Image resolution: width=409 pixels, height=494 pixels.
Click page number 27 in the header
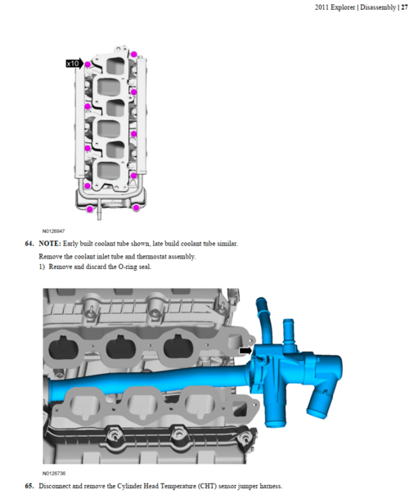click(404, 7)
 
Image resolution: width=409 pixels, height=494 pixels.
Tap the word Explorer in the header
click(343, 7)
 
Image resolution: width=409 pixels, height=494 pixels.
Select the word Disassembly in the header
click(378, 7)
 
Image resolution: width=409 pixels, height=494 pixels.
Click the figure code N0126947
click(53, 231)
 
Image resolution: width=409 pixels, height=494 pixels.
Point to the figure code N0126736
click(54, 474)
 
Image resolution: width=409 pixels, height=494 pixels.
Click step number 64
click(29, 244)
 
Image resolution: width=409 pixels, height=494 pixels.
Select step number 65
click(29, 486)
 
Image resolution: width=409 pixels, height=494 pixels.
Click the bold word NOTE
click(50, 244)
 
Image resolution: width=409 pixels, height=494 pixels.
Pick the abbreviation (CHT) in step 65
click(207, 486)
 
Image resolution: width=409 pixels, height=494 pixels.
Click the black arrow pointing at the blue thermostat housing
click(245, 350)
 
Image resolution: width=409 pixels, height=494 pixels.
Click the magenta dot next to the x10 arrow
click(88, 65)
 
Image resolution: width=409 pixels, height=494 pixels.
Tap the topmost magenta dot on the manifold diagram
click(134, 54)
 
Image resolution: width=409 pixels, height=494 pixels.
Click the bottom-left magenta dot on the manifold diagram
click(90, 209)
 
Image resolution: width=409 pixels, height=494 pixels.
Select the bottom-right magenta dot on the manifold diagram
click(136, 208)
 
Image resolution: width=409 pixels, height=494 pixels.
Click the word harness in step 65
click(272, 486)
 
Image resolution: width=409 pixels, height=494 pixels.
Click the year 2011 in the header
click(321, 7)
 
